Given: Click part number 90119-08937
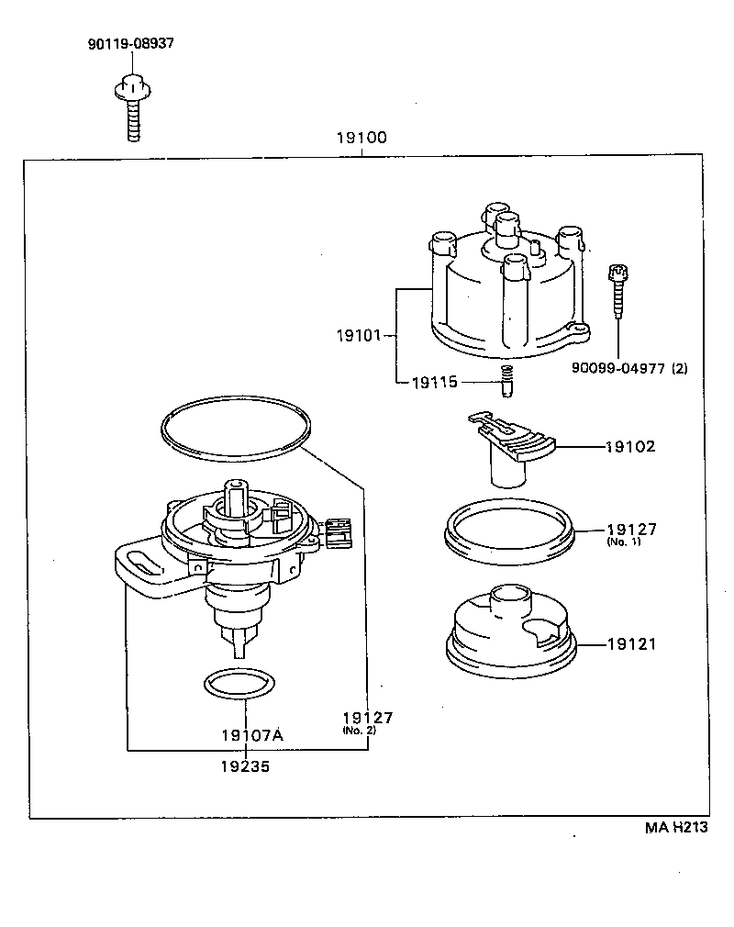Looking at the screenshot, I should coord(131,43).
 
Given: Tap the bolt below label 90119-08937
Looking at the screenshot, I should coord(131,109).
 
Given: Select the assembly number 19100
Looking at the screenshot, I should coord(361,139).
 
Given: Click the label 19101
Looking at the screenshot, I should coord(358,336).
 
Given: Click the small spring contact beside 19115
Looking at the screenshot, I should coord(504,380).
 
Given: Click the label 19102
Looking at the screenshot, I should coord(630,447).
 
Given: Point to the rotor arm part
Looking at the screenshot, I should coord(509,445).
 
